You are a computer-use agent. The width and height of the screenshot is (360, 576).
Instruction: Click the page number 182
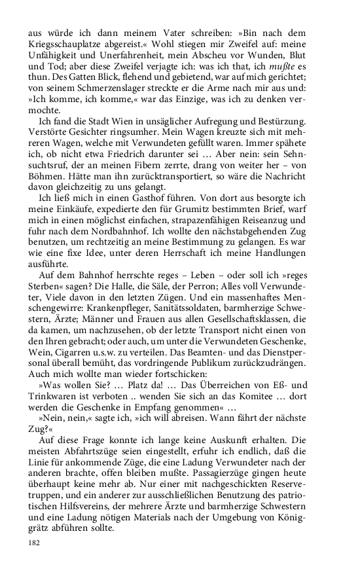coord(34,543)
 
